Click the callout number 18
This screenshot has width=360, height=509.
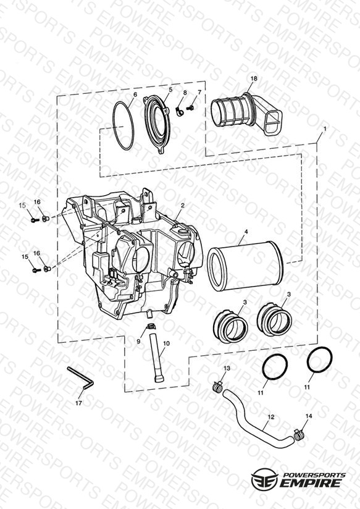pyautogui.click(x=254, y=78)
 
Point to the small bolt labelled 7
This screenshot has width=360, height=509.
pyautogui.click(x=191, y=107)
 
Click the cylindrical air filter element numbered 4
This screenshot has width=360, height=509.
pyautogui.click(x=245, y=266)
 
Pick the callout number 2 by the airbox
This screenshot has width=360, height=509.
pyautogui.click(x=183, y=206)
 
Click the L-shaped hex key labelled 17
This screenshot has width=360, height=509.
pyautogui.click(x=81, y=377)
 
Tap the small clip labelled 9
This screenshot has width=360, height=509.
pyautogui.click(x=150, y=326)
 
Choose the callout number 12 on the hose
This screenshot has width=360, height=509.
pyautogui.click(x=271, y=417)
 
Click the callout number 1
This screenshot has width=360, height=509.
pyautogui.click(x=325, y=128)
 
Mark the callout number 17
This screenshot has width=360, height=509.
pyautogui.click(x=78, y=403)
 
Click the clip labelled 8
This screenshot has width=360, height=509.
pyautogui.click(x=178, y=111)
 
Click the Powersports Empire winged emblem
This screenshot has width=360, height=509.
pyautogui.click(x=264, y=479)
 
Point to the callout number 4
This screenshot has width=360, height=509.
pyautogui.click(x=246, y=232)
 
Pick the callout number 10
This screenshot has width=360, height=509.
pyautogui.click(x=166, y=343)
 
